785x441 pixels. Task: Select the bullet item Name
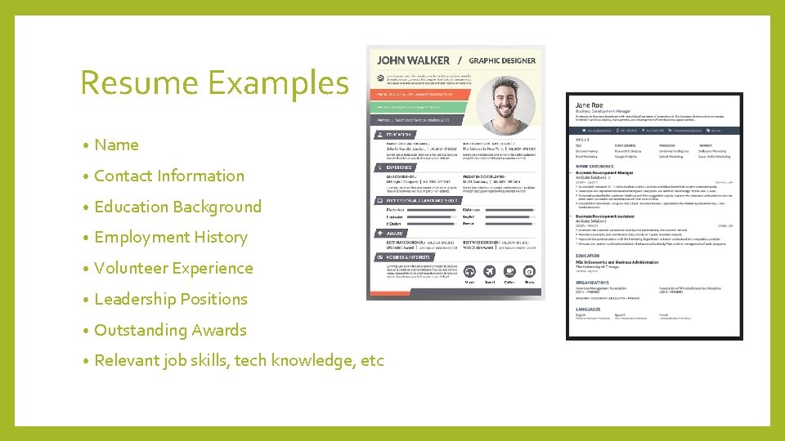click(x=116, y=145)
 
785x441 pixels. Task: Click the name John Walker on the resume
click(x=413, y=60)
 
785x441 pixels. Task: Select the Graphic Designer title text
click(x=502, y=60)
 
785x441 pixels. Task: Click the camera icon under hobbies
click(x=529, y=272)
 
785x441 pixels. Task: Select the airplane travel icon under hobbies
click(x=490, y=272)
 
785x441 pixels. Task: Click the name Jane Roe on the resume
click(x=589, y=105)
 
